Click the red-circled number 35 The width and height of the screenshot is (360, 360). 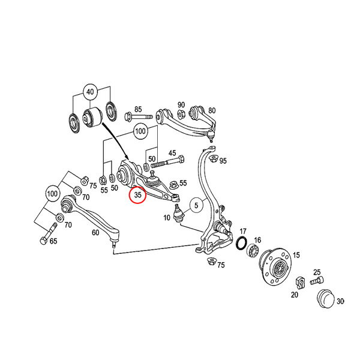point(137,195)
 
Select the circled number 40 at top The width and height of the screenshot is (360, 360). point(90,92)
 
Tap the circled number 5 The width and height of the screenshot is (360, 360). point(196,205)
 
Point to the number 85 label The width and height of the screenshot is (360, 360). point(138,109)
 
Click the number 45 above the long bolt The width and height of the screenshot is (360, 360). point(172,153)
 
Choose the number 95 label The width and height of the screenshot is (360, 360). point(223,161)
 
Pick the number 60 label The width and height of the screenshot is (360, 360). point(95,233)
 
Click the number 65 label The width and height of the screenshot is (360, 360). point(53,241)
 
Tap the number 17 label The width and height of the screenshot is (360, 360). point(243,231)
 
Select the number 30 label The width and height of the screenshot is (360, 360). point(340,301)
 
